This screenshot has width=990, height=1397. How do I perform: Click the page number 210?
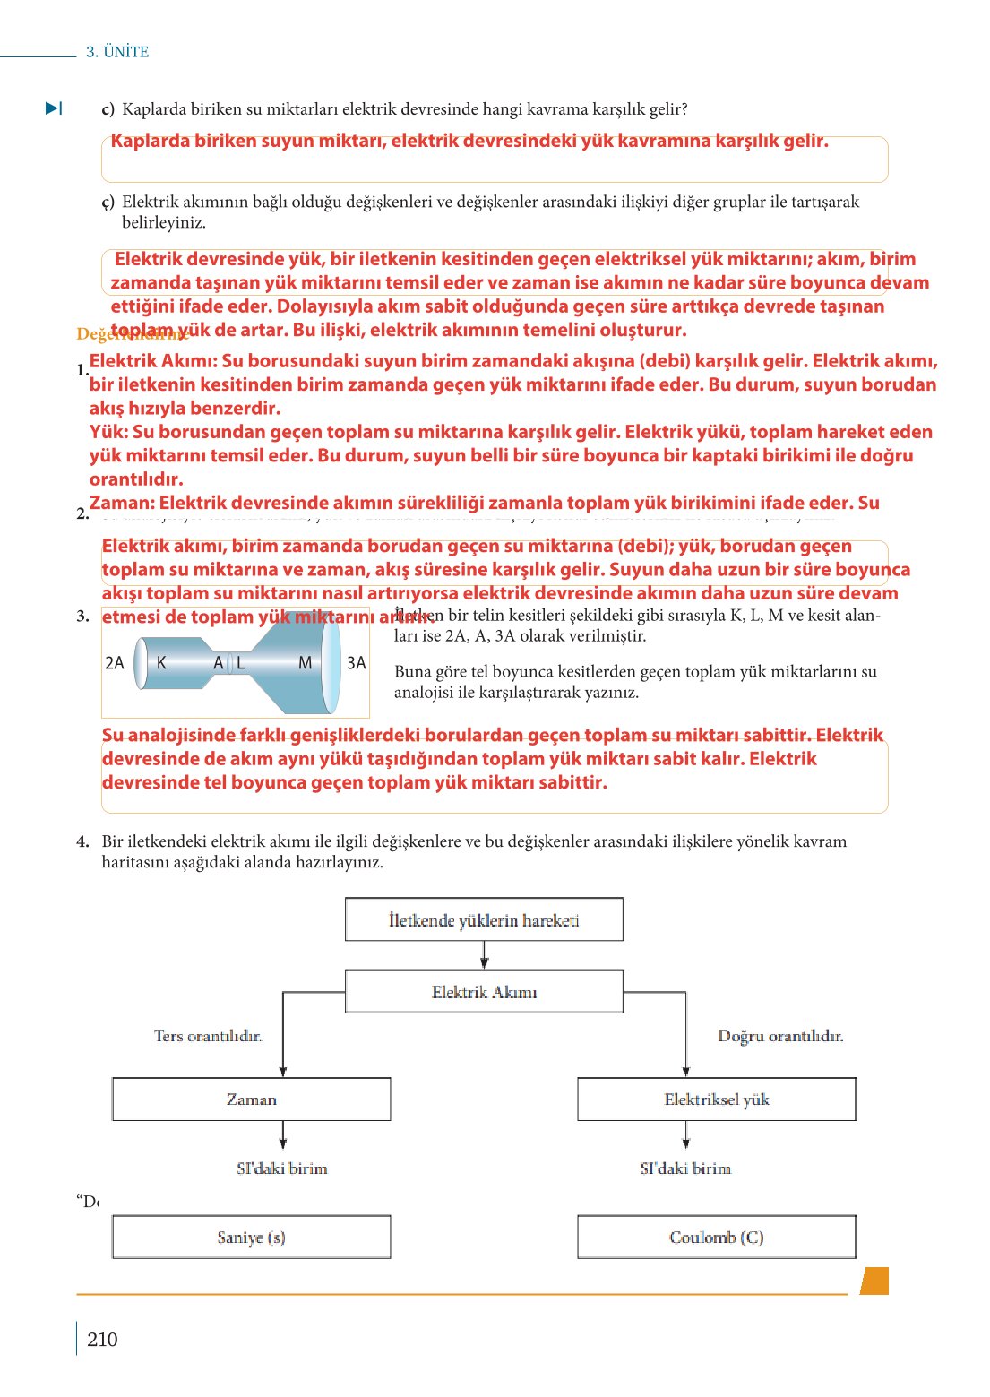102,1339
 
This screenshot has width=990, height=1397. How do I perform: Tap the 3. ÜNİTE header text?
117,52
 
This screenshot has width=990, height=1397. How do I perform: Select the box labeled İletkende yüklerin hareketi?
484,919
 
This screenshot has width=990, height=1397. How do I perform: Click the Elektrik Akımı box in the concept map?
484,992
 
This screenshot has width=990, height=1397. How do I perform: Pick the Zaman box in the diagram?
252,1099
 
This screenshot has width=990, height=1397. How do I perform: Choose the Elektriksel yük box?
717,1099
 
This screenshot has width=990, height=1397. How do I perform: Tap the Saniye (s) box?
252,1237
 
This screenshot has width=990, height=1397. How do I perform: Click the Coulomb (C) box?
717,1237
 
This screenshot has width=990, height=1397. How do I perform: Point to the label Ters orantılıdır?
208,1036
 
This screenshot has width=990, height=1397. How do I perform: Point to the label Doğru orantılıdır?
780,1036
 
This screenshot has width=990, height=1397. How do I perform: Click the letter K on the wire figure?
161,663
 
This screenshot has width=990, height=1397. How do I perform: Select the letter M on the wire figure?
305,663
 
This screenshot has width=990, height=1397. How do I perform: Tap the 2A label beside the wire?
115,663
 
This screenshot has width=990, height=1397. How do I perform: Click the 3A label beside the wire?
357,663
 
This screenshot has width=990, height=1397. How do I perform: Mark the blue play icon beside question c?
54,108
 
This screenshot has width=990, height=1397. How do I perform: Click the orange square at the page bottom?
874,1281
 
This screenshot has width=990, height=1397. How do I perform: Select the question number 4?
82,841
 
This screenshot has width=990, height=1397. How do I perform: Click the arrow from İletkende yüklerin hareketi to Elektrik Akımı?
485,955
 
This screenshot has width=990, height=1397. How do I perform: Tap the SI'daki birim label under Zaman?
282,1168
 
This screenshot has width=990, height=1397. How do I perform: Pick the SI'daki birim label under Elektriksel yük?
685,1168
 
